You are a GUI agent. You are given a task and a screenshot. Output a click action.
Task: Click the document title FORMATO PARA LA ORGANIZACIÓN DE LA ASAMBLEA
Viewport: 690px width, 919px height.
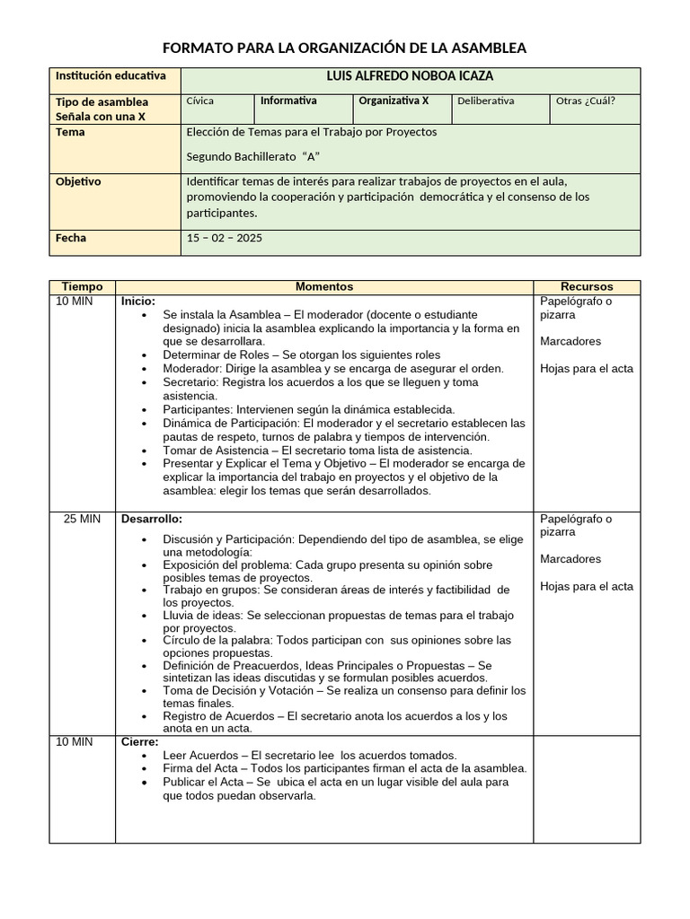tap(344, 48)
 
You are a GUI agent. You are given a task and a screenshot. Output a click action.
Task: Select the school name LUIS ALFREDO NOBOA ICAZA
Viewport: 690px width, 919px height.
tap(411, 77)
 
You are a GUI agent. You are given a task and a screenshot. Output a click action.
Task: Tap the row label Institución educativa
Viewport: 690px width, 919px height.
tap(111, 77)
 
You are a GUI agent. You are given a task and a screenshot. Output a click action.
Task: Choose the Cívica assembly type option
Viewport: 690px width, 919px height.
tap(199, 101)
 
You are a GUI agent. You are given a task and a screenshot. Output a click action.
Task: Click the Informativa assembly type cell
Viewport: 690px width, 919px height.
tap(288, 101)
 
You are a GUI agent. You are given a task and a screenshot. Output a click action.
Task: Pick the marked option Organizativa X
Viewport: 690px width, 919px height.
tap(394, 101)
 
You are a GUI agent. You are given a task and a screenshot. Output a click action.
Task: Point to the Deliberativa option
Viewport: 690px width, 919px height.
tap(486, 101)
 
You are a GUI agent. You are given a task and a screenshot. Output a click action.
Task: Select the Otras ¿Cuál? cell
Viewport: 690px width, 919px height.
tap(586, 101)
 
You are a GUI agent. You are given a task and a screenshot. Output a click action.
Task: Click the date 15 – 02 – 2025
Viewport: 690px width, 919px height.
tap(225, 239)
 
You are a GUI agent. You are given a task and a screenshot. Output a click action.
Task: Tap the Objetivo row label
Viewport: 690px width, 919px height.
tap(79, 181)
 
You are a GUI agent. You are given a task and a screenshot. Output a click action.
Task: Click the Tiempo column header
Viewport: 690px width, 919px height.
tap(82, 286)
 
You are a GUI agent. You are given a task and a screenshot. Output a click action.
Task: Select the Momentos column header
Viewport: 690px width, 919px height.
tap(324, 286)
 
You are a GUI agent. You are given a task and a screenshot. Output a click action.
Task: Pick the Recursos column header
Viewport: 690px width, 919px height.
tap(587, 286)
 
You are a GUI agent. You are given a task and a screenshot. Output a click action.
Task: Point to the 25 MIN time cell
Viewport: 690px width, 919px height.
tap(82, 519)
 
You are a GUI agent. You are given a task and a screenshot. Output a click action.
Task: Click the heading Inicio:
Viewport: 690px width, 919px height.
tap(138, 302)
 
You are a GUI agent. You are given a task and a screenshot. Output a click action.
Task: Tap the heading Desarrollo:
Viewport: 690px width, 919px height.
tap(152, 519)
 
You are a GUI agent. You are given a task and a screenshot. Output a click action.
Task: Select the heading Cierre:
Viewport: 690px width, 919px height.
tap(140, 742)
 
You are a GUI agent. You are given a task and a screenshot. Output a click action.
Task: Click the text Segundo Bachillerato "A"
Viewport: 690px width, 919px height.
tap(252, 156)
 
